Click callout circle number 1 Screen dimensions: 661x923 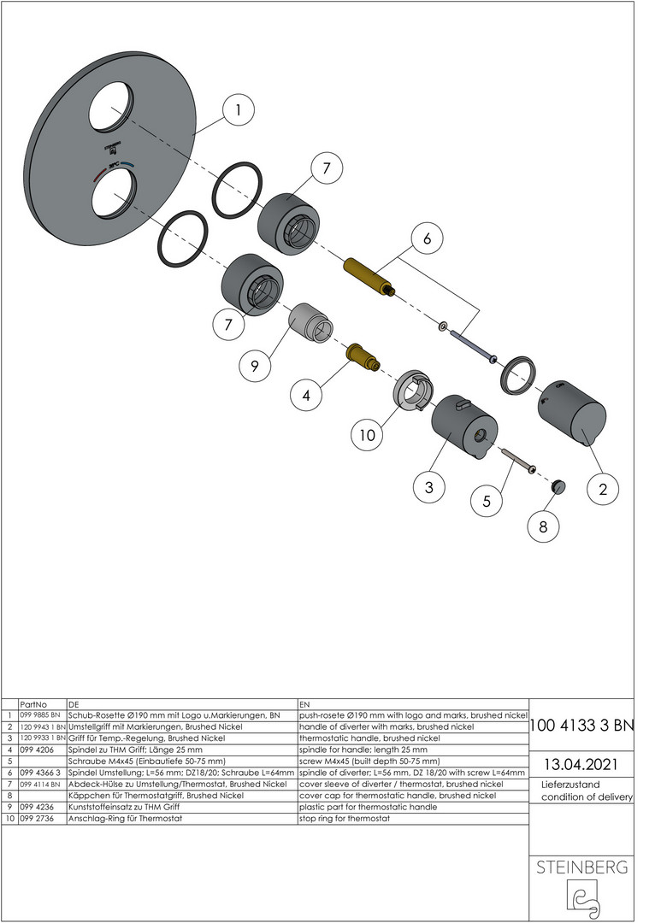click(x=238, y=110)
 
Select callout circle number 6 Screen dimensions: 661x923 click(x=427, y=238)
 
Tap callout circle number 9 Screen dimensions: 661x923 click(x=255, y=366)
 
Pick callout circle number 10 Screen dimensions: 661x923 click(x=367, y=435)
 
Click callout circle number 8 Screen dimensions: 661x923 click(x=543, y=526)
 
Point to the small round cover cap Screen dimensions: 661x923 click(x=558, y=486)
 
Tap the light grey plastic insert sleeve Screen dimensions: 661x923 click(x=310, y=322)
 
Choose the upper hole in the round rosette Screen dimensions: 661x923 click(x=113, y=109)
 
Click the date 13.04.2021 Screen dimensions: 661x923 click(x=581, y=765)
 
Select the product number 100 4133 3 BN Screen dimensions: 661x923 click(x=581, y=726)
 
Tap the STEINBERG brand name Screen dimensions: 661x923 click(x=581, y=867)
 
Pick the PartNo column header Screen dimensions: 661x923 click(x=33, y=704)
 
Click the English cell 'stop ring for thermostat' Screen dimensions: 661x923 click(x=345, y=818)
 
